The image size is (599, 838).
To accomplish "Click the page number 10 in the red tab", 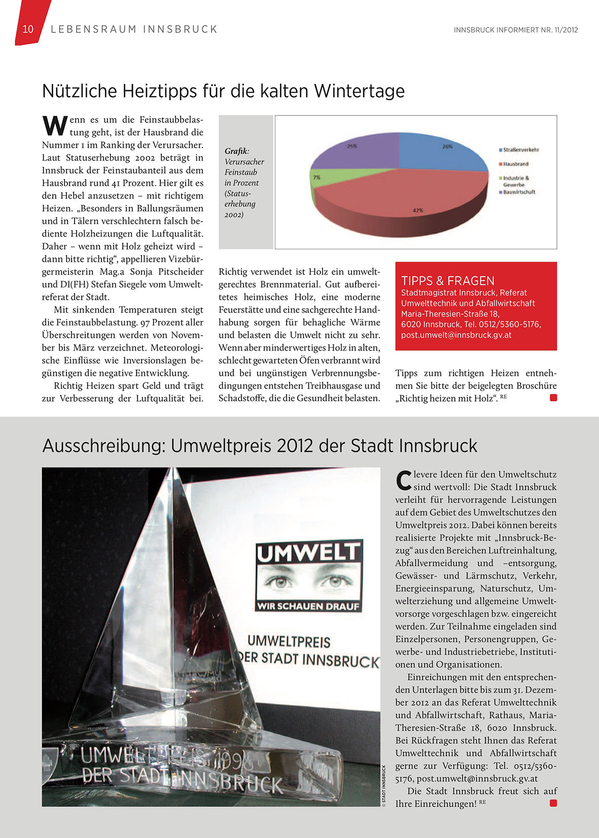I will click(28, 29).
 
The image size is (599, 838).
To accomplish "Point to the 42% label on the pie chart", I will click(417, 210).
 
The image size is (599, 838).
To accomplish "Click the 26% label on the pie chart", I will click(447, 146).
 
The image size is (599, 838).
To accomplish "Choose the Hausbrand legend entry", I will click(515, 164).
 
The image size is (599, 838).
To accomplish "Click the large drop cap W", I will click(54, 126).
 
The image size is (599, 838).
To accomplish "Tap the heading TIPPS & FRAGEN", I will click(447, 281).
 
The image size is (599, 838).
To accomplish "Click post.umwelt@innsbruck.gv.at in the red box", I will click(456, 335).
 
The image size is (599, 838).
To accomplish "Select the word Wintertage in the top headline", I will click(359, 91).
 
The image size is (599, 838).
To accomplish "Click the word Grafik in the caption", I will click(236, 151).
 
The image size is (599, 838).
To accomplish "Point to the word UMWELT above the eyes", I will click(308, 552).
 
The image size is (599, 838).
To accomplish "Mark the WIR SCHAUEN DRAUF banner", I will click(308, 606).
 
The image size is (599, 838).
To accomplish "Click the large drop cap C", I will click(403, 481).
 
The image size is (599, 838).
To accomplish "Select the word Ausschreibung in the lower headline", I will click(103, 446).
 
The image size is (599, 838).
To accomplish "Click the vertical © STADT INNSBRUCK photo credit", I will click(384, 785).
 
